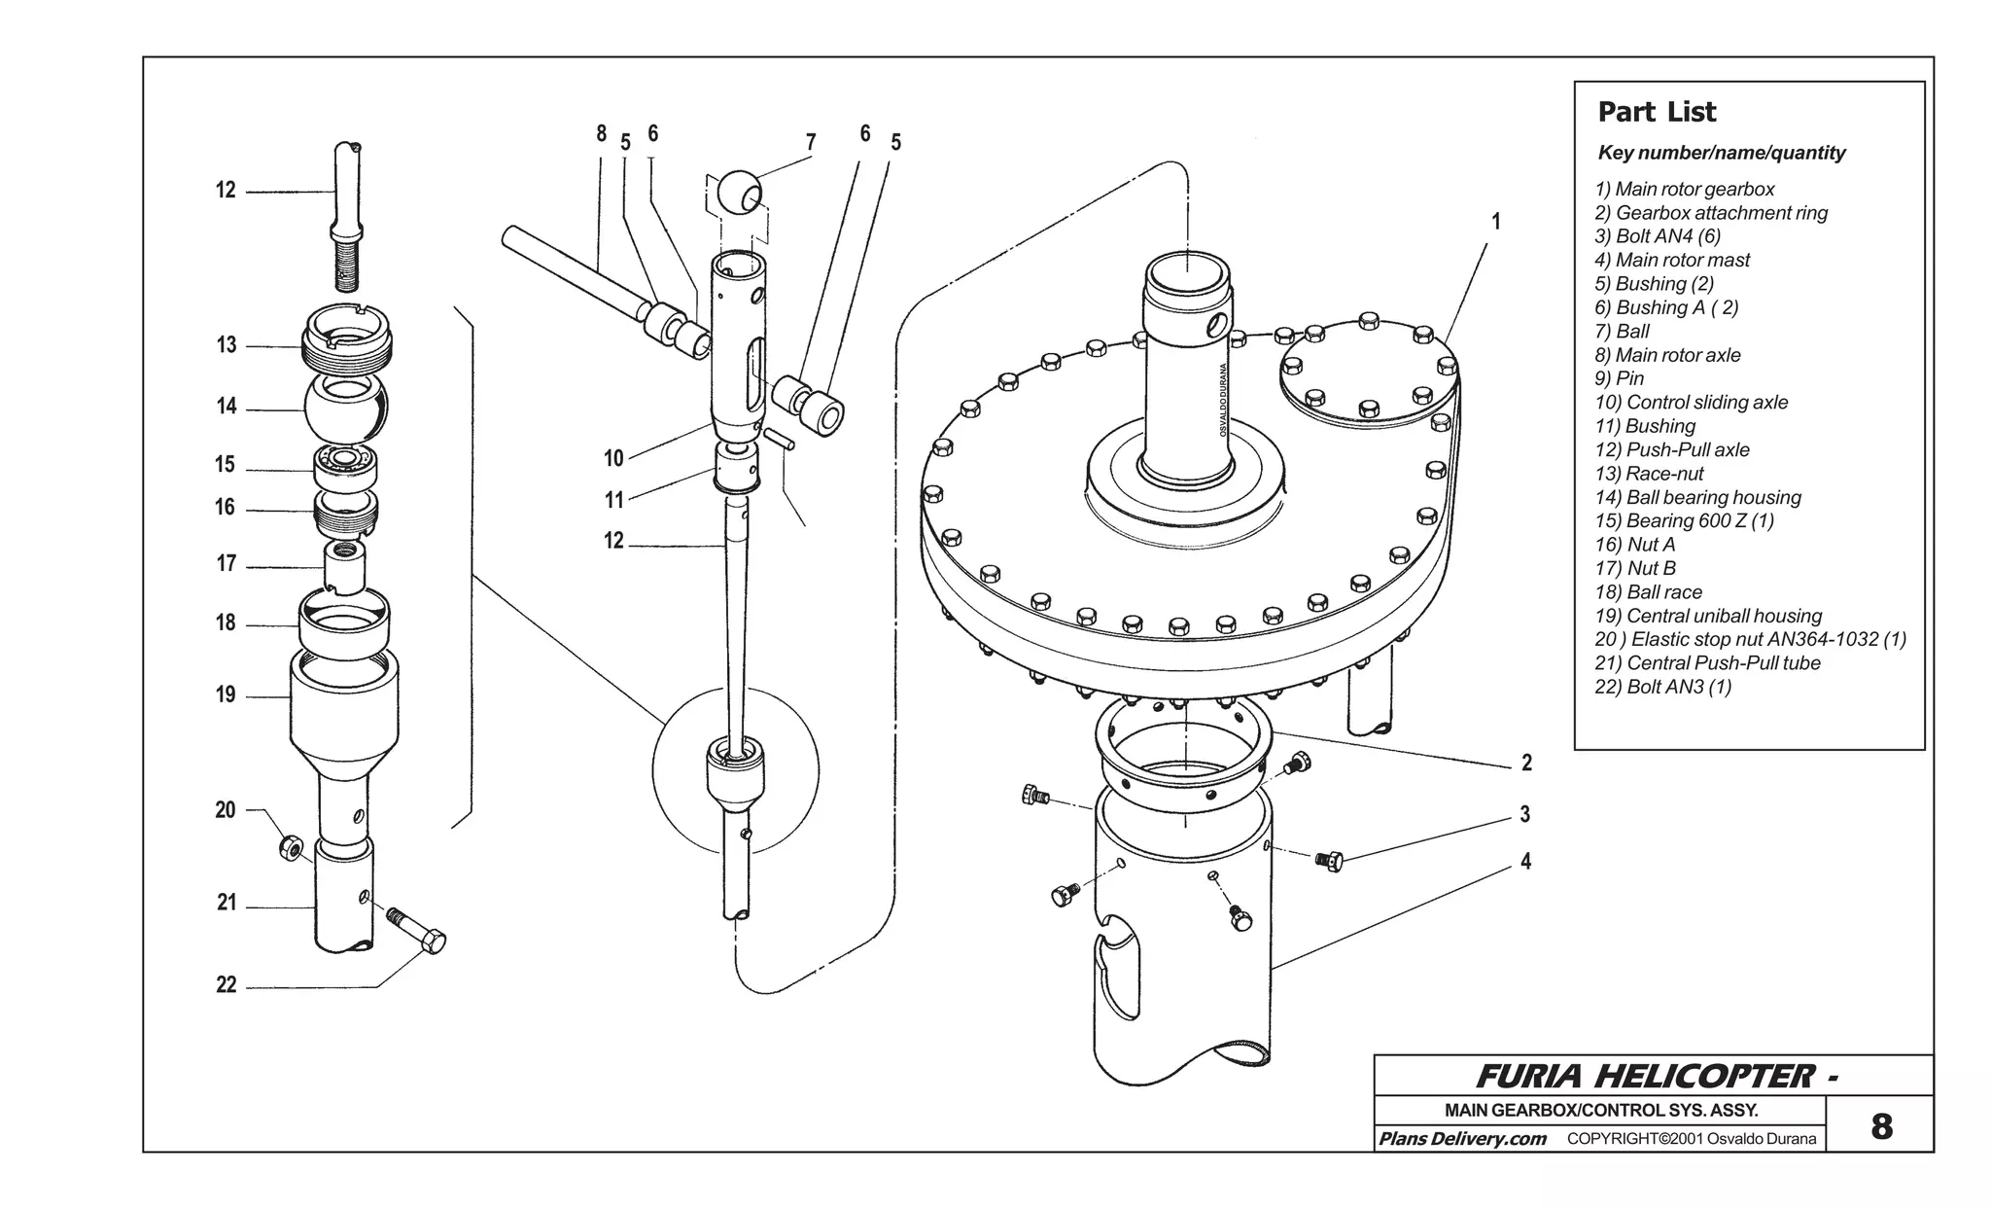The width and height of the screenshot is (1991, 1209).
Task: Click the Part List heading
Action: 1657,112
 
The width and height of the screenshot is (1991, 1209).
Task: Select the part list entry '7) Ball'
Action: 1622,331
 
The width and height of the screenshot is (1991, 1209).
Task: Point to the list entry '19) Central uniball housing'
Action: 1708,616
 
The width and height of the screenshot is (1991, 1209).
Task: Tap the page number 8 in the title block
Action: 1881,1126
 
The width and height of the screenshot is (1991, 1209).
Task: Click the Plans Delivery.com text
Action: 1462,1139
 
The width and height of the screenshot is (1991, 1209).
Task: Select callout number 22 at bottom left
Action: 227,984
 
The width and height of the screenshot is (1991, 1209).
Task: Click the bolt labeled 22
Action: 418,929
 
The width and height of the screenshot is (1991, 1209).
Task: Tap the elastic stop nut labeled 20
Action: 290,847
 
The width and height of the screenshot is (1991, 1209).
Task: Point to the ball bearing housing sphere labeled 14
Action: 345,410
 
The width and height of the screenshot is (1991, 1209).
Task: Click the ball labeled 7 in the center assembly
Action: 741,193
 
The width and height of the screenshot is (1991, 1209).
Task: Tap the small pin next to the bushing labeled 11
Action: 778,440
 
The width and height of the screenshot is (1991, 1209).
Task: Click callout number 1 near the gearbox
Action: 1496,222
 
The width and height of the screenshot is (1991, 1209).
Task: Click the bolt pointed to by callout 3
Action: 1330,860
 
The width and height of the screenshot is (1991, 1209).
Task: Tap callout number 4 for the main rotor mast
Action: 1525,861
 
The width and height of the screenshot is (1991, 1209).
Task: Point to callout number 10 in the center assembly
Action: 613,458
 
